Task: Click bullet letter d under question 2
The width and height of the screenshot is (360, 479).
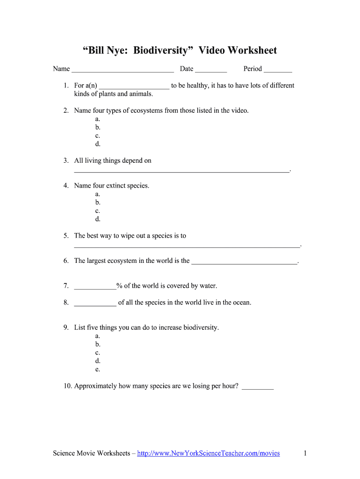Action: [x=98, y=144]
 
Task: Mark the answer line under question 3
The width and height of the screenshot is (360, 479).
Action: [x=182, y=172]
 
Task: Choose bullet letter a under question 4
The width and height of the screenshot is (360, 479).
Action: [x=97, y=194]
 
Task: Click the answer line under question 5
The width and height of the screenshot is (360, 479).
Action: [x=187, y=246]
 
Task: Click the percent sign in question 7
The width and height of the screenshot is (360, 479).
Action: [x=119, y=286]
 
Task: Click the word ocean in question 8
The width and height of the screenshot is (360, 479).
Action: [x=241, y=303]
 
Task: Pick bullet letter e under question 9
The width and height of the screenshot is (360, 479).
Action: [x=97, y=370]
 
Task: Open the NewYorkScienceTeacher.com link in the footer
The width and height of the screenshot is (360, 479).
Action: [x=209, y=453]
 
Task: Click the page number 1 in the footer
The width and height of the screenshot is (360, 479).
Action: [x=305, y=453]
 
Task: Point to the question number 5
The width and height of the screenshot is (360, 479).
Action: [x=66, y=236]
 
